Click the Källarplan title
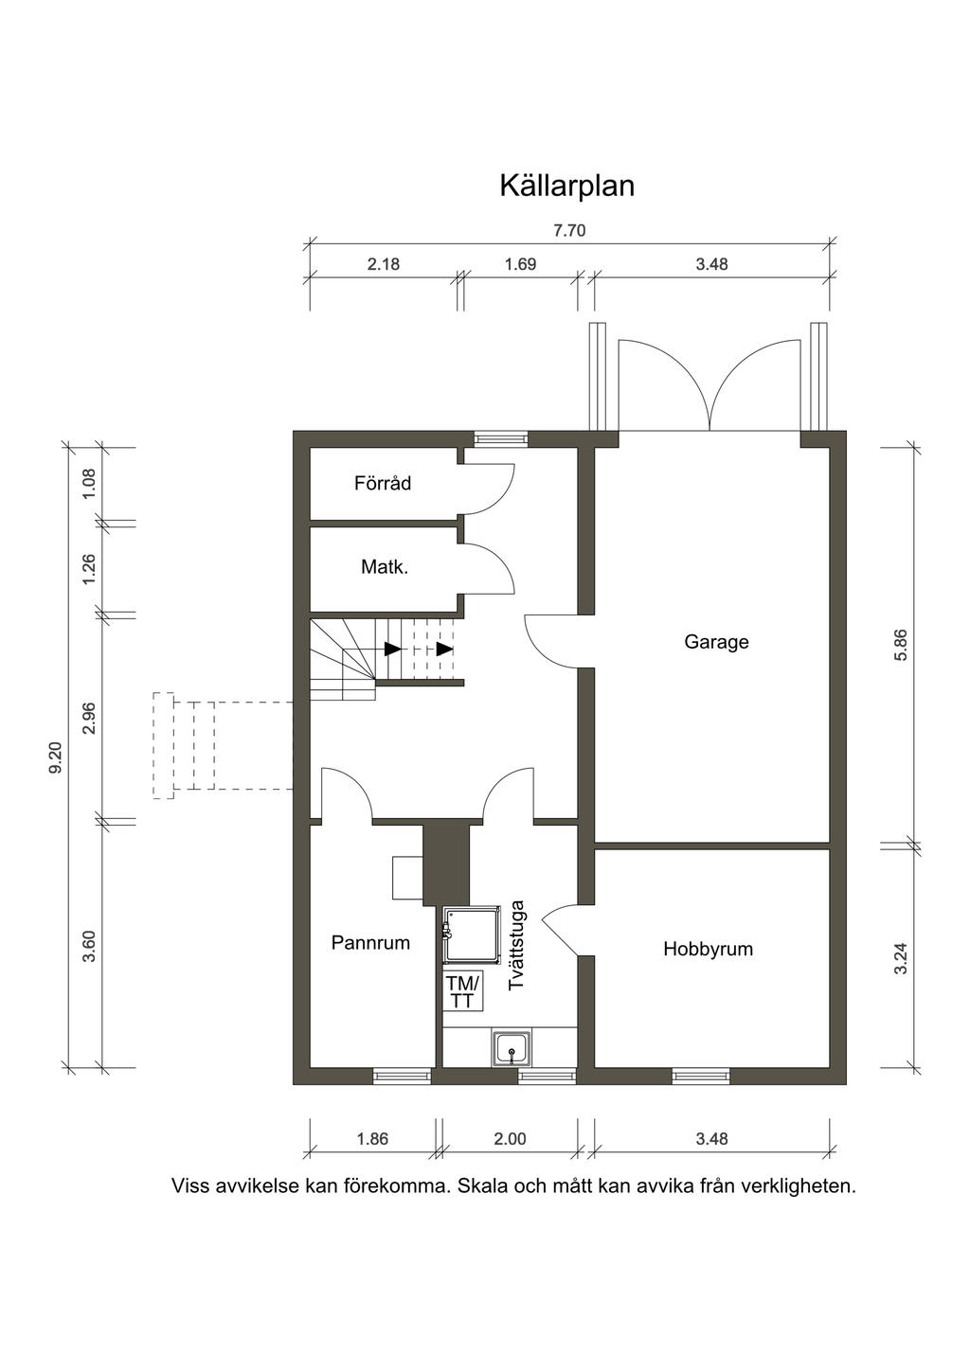[567, 186]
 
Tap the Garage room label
[716, 642]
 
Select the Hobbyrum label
[708, 950]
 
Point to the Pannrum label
[370, 943]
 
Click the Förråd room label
[383, 483]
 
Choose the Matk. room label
[385, 567]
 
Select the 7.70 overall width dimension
[569, 231]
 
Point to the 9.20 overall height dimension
[56, 759]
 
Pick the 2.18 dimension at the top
[384, 264]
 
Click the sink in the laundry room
[512, 1048]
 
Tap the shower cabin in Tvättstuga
[472, 935]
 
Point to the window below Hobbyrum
[701, 1076]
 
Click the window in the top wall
[501, 438]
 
